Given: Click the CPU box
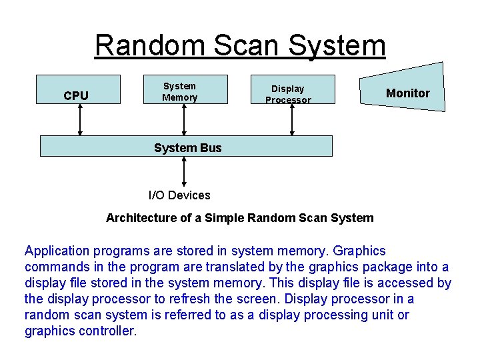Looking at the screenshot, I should [x=77, y=89].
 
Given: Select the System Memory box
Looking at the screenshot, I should [x=185, y=89].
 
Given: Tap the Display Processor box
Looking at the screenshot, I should [x=291, y=90].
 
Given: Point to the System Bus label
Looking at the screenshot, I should [x=187, y=147].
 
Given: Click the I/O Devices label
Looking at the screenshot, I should [x=179, y=195].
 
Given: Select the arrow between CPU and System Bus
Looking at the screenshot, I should [x=80, y=120].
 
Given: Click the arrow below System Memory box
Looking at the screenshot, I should [x=185, y=120].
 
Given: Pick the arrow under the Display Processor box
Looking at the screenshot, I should [x=291, y=120].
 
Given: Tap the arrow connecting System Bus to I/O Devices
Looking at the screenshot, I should [x=184, y=171].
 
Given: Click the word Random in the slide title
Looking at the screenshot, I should [x=151, y=46].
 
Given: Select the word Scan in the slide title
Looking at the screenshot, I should [x=246, y=46].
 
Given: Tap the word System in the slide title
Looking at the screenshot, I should [x=337, y=46].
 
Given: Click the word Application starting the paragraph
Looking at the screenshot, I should [x=57, y=251].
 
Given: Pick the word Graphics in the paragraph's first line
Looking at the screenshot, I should [x=359, y=251].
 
